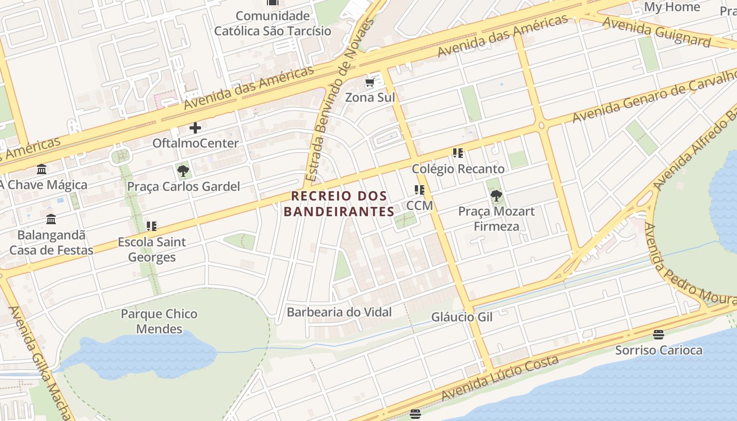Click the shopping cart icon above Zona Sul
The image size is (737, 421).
click(370, 83)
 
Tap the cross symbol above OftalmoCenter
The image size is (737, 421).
click(195, 128)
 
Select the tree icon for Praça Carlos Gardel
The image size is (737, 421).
click(183, 171)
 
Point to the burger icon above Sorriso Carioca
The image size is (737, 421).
click(658, 334)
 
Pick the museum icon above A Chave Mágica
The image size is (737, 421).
click(42, 169)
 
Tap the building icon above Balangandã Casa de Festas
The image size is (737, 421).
click(51, 219)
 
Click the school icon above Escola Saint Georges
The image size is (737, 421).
click(152, 227)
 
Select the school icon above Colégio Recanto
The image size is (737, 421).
click(458, 153)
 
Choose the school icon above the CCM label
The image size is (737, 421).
click(420, 190)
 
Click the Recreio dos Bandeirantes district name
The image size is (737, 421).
click(339, 204)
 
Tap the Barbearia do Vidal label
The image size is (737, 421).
click(339, 312)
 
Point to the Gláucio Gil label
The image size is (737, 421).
click(462, 317)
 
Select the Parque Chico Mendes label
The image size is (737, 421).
click(159, 322)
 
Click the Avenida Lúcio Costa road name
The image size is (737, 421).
click(500, 378)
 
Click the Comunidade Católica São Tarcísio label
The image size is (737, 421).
click(272, 23)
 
